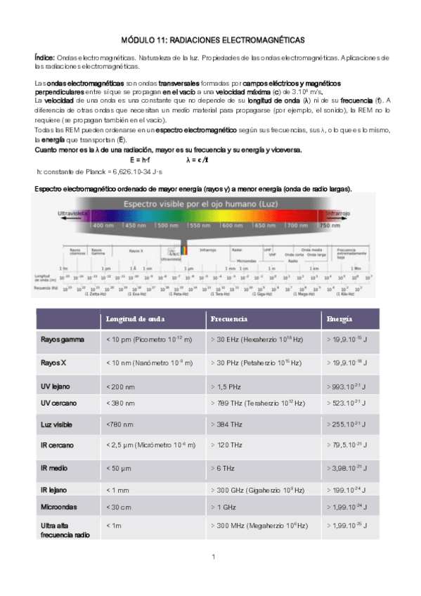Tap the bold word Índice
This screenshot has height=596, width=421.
(x=45, y=56)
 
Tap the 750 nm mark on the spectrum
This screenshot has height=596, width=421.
(x=330, y=226)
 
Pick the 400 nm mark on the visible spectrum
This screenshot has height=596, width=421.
(x=103, y=226)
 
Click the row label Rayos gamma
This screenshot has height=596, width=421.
(x=62, y=339)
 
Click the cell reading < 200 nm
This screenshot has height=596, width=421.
(x=122, y=387)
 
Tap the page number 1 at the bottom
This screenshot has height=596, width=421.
(x=212, y=557)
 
